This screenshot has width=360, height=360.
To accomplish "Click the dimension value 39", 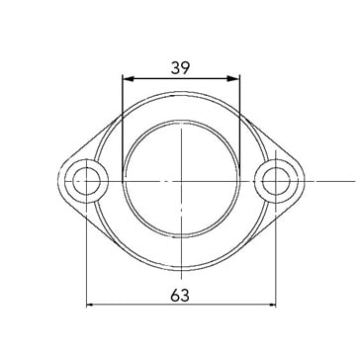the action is pos(180,68).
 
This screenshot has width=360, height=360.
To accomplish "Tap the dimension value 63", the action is pos(180,296).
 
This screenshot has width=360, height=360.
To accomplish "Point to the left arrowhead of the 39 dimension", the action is pos(128,78).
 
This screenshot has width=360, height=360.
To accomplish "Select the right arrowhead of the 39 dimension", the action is pos(233,78).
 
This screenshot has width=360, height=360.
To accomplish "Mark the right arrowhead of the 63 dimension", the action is pos(273,305).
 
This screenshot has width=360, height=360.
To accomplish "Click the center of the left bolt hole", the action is pos(87,181).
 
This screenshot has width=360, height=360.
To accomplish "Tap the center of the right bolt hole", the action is pos(276,181).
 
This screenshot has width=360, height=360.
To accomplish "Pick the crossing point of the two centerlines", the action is pos(182,181).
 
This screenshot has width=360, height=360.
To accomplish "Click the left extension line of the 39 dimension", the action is pos(123,129).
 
